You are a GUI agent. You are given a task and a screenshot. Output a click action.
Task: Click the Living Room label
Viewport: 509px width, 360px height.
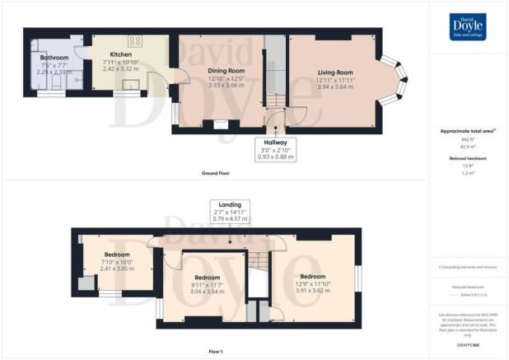(x=336, y=73)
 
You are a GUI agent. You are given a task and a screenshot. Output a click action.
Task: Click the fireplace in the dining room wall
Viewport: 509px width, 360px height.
(x=220, y=124)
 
